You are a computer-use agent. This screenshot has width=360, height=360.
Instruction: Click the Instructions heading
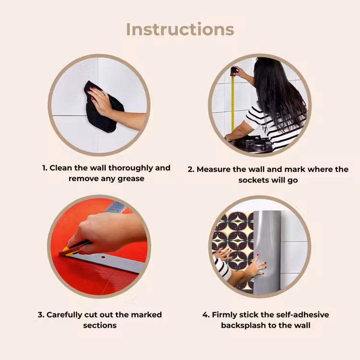tap(180, 29)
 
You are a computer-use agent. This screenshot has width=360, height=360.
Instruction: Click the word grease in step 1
tap(131, 179)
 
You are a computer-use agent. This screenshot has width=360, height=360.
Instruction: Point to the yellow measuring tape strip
tap(233, 103)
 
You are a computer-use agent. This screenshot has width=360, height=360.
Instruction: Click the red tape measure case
tap(234, 71)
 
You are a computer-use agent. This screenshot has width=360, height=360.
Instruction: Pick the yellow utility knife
tap(74, 248)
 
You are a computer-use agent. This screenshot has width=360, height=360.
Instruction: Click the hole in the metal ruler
tap(103, 257)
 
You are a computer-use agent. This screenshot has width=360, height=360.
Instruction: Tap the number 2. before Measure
tap(191, 169)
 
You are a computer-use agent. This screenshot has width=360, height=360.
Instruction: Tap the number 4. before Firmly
tap(206, 315)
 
